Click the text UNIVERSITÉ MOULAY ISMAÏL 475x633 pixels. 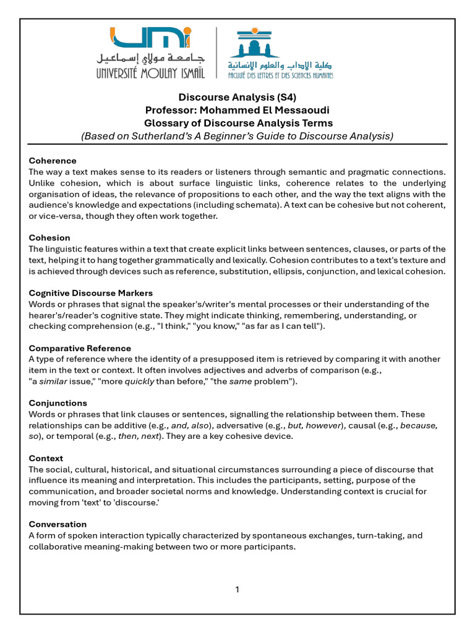151,73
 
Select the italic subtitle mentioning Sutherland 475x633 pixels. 237,136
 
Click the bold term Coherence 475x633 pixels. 53,161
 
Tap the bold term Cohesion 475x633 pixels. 49,237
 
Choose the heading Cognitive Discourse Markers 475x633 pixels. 91,292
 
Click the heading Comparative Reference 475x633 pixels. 80,348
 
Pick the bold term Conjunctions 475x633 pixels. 58,403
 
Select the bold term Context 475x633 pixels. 46,458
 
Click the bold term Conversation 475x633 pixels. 58,524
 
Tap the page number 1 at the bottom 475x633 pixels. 237,590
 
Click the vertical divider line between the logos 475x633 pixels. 216,53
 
